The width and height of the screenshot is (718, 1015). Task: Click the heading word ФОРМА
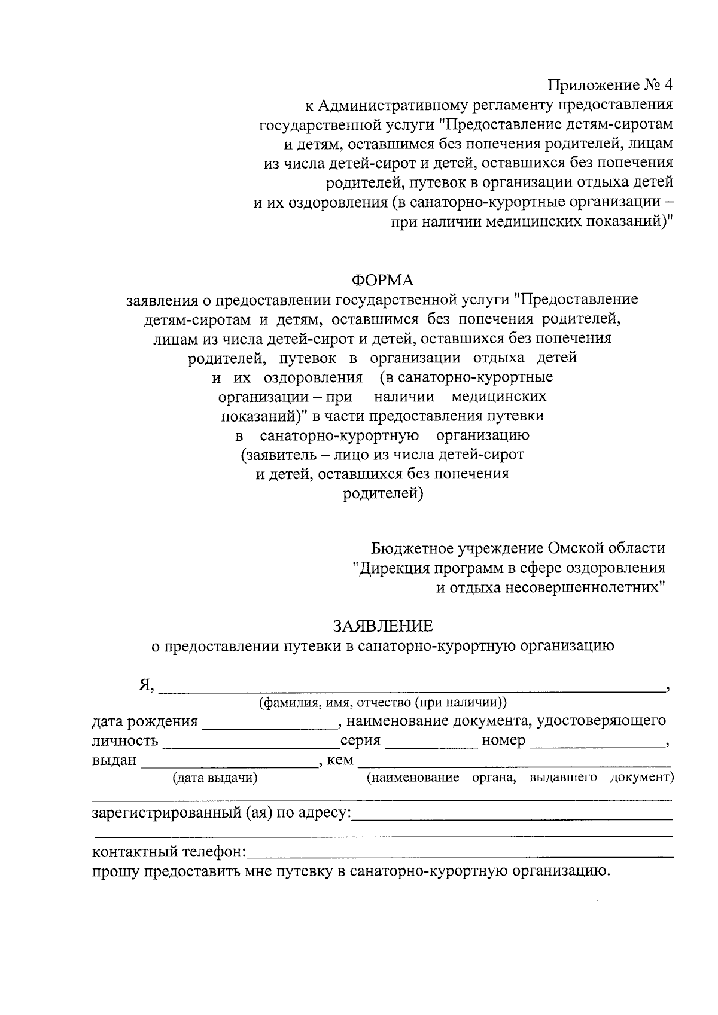(x=383, y=280)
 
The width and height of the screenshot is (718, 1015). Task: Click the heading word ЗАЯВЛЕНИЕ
(x=383, y=626)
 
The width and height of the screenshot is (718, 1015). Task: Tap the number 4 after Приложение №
(x=668, y=86)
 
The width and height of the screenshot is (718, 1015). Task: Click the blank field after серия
(x=431, y=744)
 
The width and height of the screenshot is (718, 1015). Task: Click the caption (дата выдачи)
(x=215, y=778)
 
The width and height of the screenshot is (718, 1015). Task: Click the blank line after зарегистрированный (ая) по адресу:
(x=512, y=816)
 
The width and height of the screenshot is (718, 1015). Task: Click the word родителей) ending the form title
(x=383, y=494)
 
